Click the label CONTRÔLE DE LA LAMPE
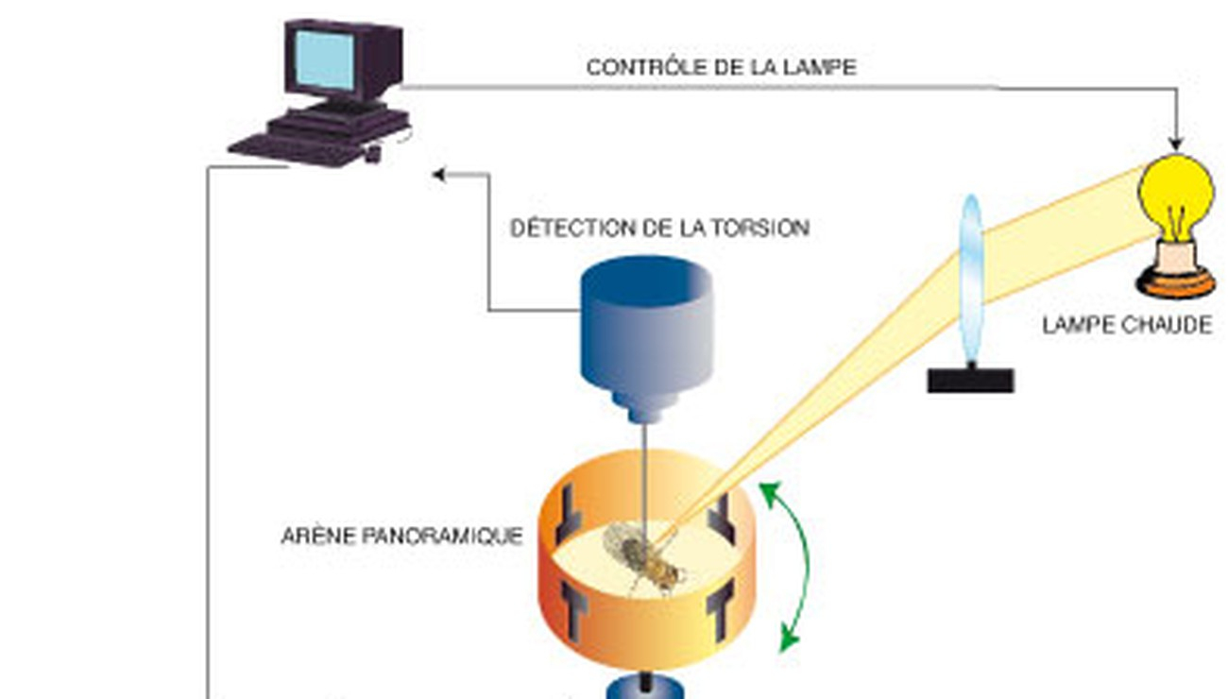tap(721, 68)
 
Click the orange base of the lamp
tap(1175, 279)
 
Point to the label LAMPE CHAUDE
tap(1126, 326)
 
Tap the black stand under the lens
tap(970, 380)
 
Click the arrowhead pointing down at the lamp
tap(1175, 145)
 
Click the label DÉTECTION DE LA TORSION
tap(659, 229)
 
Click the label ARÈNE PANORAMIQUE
tap(401, 537)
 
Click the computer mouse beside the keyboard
tap(373, 151)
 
